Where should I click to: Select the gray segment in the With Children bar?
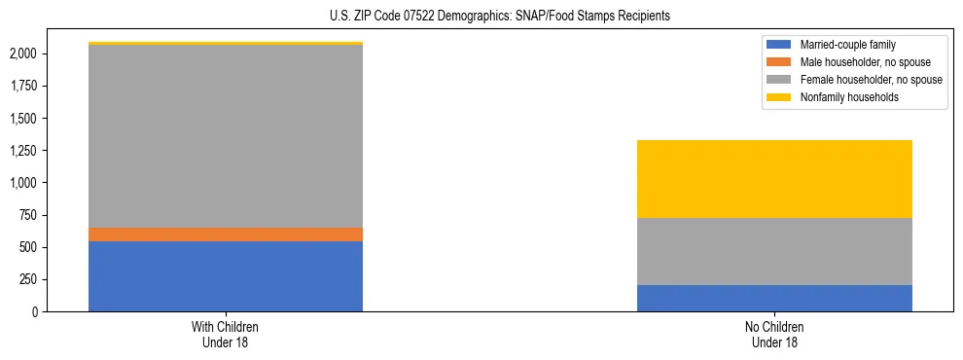(x=226, y=136)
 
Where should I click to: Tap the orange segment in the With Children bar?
(x=226, y=234)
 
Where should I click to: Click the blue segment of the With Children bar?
(x=226, y=276)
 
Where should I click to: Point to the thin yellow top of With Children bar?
(x=226, y=44)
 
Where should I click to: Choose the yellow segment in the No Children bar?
(x=774, y=179)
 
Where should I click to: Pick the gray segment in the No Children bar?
(x=774, y=251)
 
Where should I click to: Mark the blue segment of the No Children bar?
(x=774, y=298)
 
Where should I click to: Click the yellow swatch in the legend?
(x=779, y=97)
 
